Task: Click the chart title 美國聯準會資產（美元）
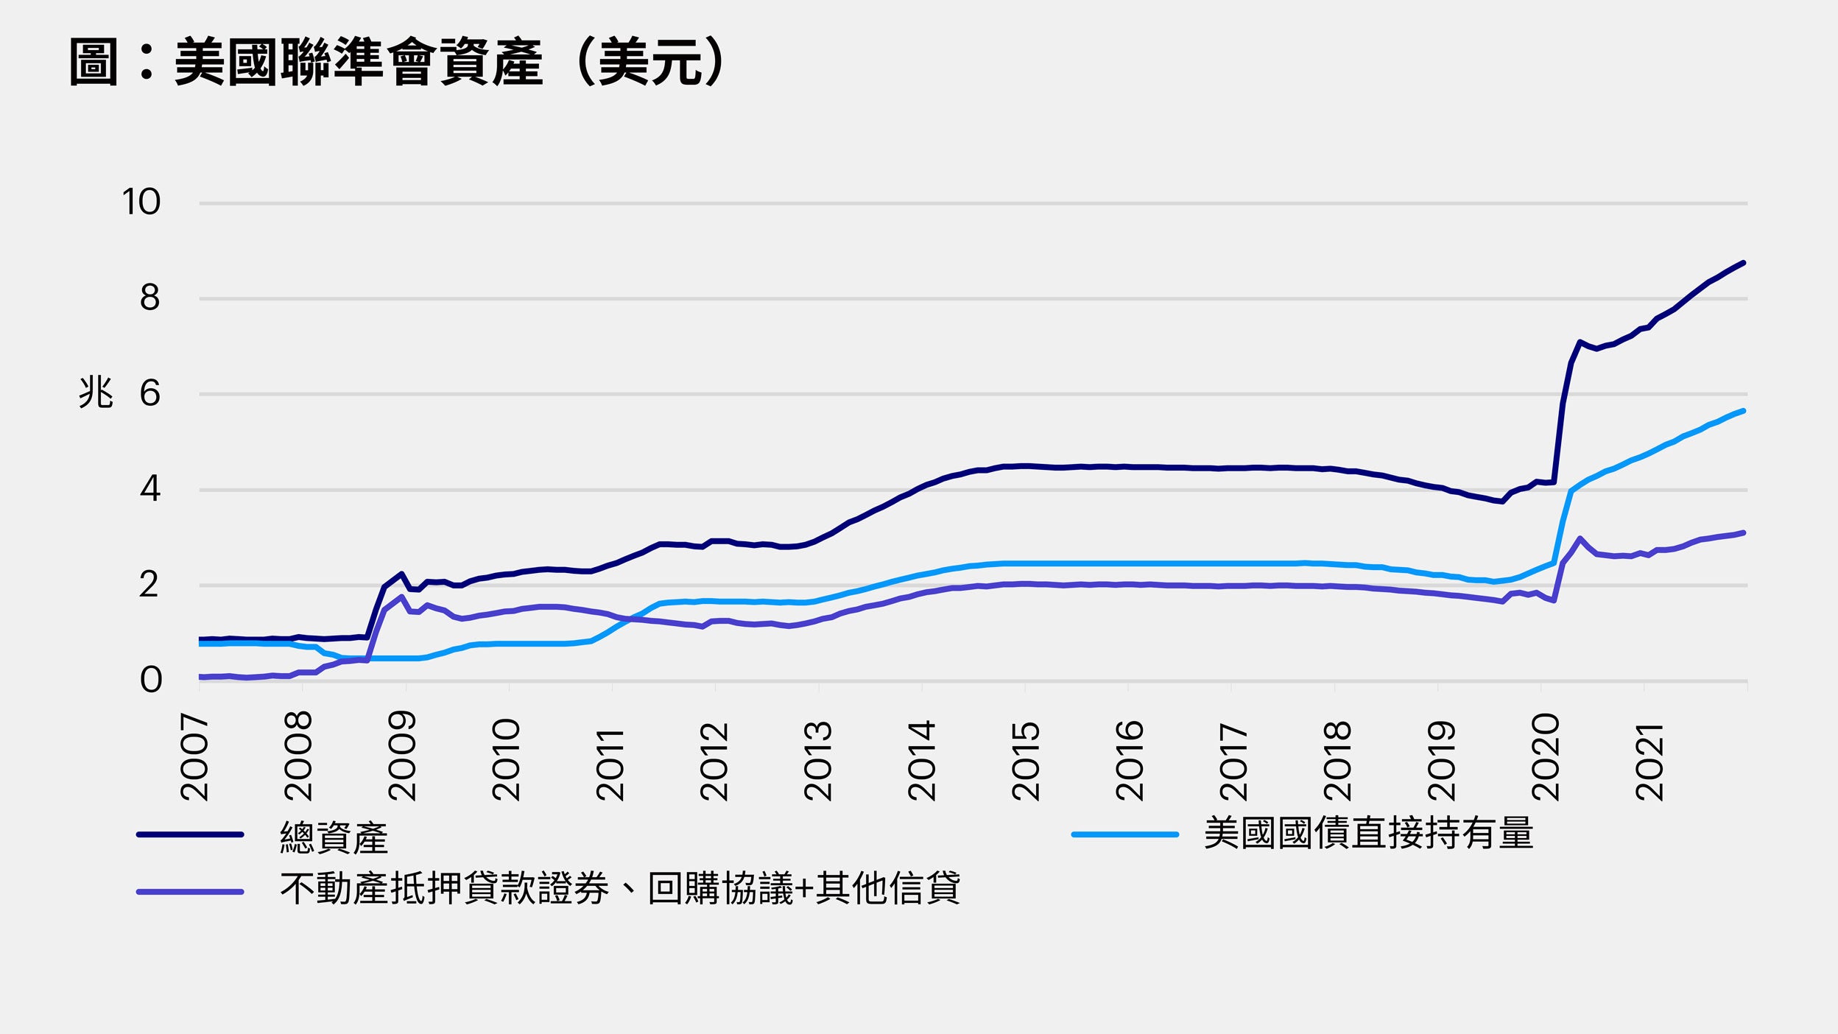[x=398, y=63]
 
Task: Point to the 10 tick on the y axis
[x=141, y=202]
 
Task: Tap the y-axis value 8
[x=149, y=298]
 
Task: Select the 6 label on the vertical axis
[x=149, y=393]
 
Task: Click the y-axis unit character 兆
[x=96, y=392]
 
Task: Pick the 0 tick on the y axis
[x=150, y=680]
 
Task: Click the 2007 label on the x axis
[x=195, y=757]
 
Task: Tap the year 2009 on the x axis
[x=403, y=757]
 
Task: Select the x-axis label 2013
[x=818, y=762]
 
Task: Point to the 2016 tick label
[x=1130, y=762]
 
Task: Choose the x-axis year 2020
[x=1546, y=757]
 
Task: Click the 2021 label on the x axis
[x=1649, y=762]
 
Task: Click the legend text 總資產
[x=334, y=837]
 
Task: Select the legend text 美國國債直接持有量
[x=1368, y=834]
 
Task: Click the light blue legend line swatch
[x=1124, y=834]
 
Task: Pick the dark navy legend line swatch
[x=190, y=834]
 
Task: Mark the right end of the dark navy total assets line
[x=1743, y=263]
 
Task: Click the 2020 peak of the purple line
[x=1580, y=538]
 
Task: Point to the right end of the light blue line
[x=1743, y=411]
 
